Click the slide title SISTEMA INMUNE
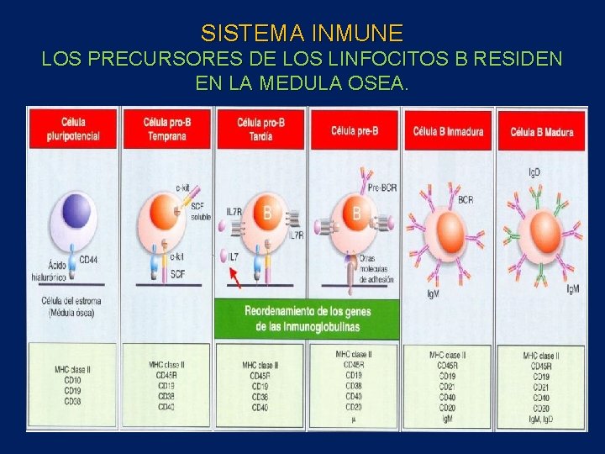[302, 34]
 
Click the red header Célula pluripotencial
[74, 130]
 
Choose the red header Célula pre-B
[354, 130]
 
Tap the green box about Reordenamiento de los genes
[307, 318]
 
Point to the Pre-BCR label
[382, 188]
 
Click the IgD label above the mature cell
[534, 172]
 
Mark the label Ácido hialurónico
[55, 269]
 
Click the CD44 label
[88, 260]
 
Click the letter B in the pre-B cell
[356, 214]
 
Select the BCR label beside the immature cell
[466, 200]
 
